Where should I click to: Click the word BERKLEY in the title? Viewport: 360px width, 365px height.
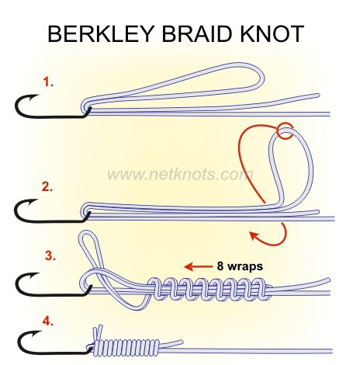click(x=101, y=34)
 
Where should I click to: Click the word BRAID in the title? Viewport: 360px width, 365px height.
click(x=196, y=34)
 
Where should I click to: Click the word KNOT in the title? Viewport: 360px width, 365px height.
click(x=272, y=34)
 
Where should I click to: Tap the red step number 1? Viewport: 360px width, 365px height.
click(x=48, y=82)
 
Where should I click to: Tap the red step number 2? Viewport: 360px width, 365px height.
click(x=47, y=186)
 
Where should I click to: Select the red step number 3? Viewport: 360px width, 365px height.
click(x=50, y=255)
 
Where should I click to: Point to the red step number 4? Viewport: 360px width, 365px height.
click(x=48, y=322)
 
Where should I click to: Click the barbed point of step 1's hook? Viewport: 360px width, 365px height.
click(x=37, y=96)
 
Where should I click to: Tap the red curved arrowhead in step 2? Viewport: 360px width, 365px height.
click(x=254, y=235)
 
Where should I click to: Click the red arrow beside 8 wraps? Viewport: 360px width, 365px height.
click(x=199, y=266)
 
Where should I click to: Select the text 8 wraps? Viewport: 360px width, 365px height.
click(x=240, y=266)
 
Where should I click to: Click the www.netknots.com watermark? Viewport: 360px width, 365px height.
click(x=180, y=175)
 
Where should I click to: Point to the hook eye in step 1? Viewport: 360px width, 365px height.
click(x=87, y=109)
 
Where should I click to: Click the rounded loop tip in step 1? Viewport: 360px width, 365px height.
click(x=262, y=77)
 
